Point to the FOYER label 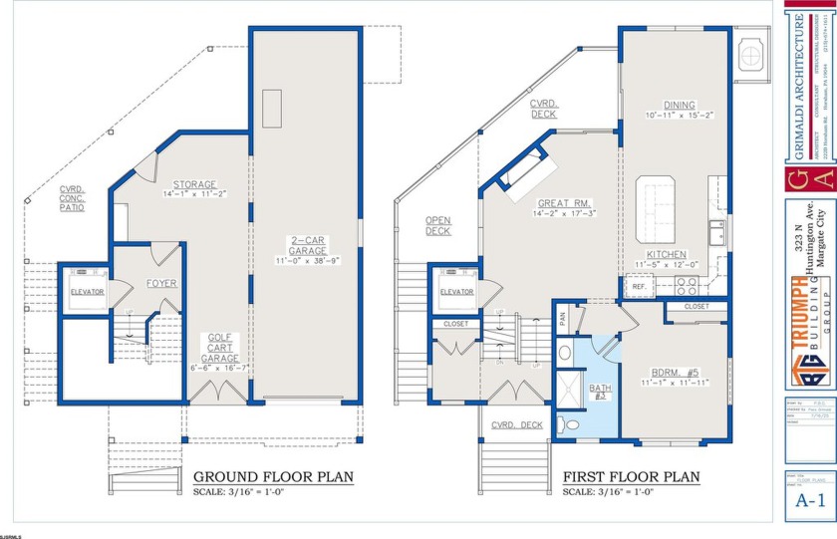[x=161, y=283]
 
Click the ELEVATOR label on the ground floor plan [x=88, y=292]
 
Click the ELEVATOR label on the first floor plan [x=456, y=292]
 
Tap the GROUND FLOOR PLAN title [x=273, y=476]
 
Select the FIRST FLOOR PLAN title [x=631, y=476]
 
